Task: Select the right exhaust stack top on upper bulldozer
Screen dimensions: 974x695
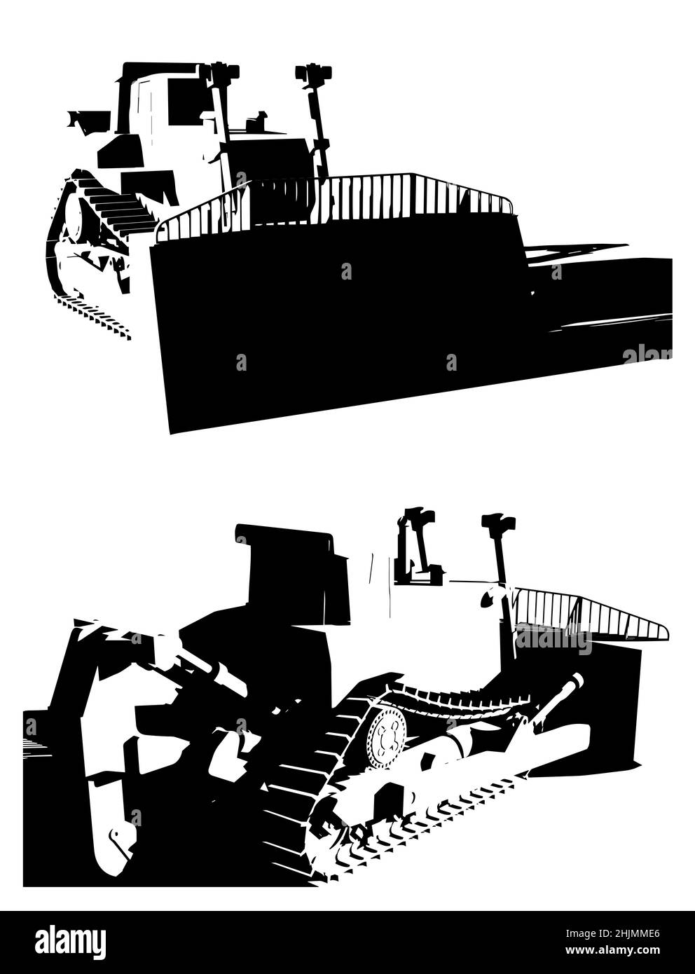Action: click(x=310, y=73)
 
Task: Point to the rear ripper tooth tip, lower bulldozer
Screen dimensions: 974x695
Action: click(x=112, y=837)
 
